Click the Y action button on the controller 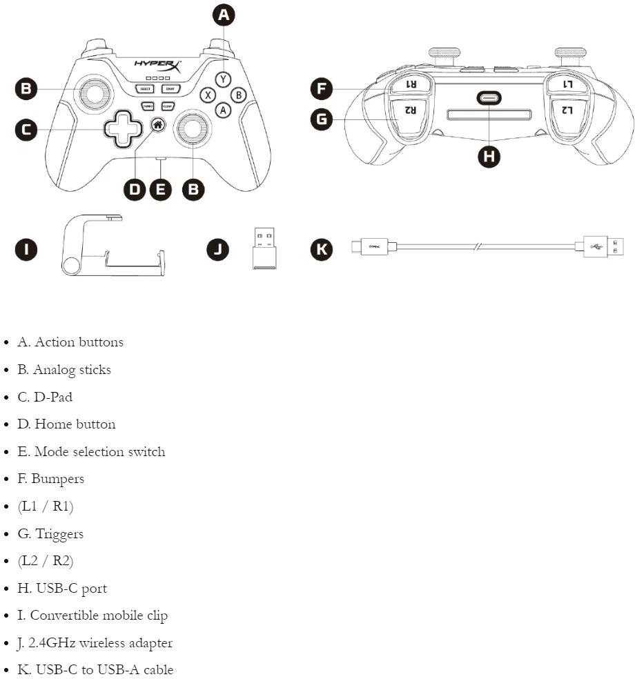[222, 79]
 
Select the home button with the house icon [158, 125]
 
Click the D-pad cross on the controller [122, 128]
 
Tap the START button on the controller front [168, 89]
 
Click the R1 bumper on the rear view [410, 84]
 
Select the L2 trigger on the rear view [567, 110]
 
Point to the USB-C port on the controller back [489, 99]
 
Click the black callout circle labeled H [489, 156]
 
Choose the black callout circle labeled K [322, 249]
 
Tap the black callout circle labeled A [222, 15]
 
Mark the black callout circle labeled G [322, 119]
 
